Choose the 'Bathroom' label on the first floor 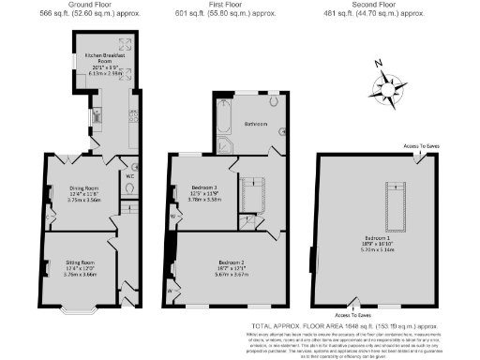tap(256, 124)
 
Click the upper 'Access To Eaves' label tap(421, 147)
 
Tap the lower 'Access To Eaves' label tap(352, 315)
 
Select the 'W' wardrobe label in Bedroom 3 tap(172, 217)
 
